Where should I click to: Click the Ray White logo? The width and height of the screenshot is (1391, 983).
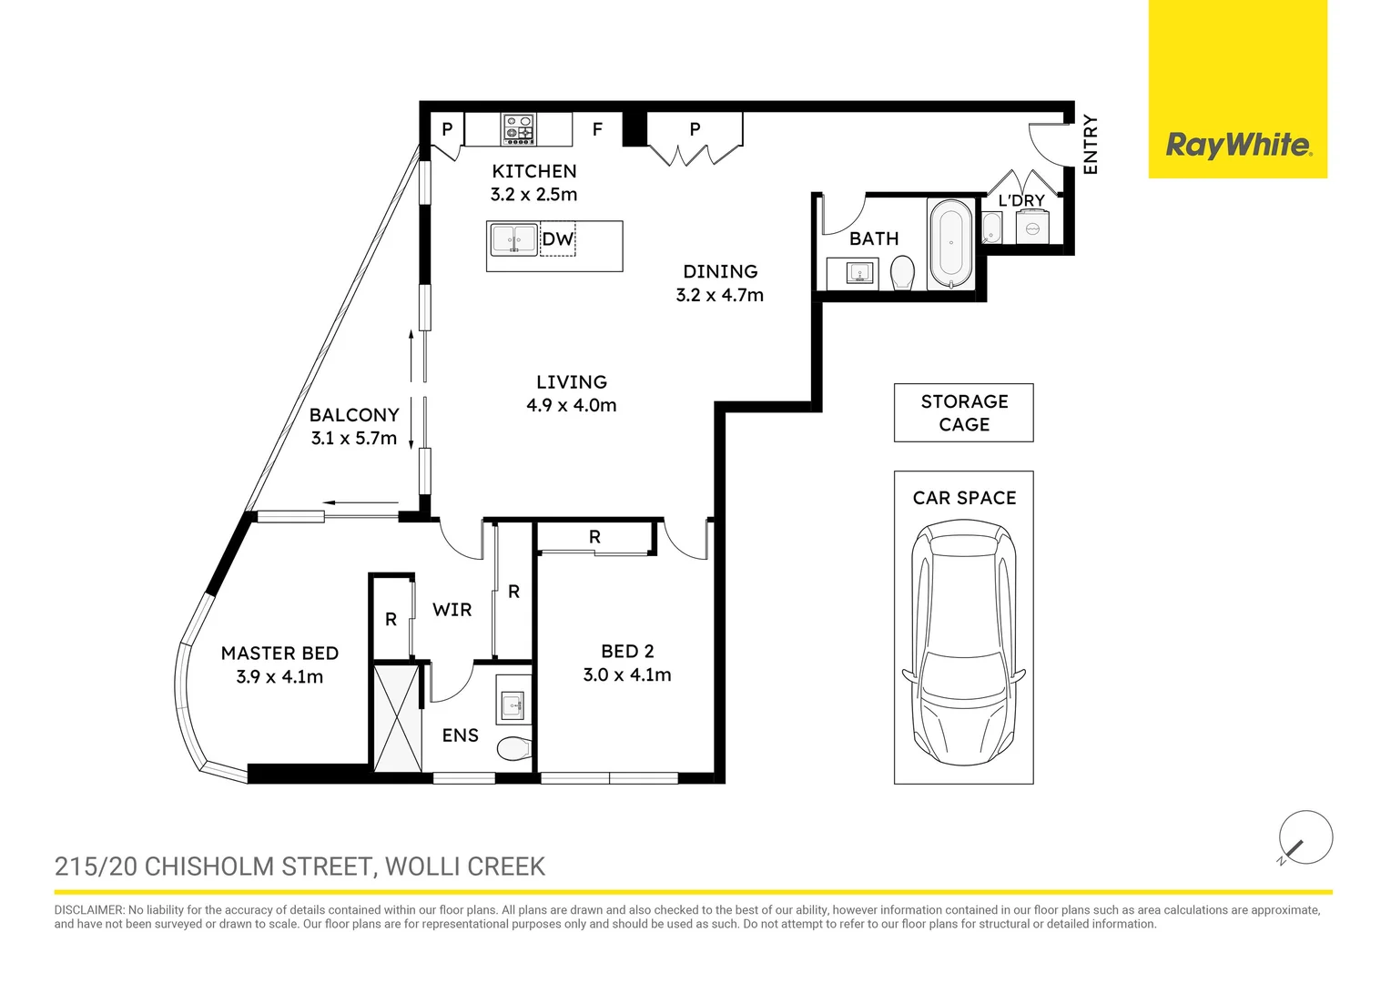coord(1238,145)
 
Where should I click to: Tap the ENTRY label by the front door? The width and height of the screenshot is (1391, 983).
coord(1091,145)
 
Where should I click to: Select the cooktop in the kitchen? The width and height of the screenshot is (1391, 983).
coord(519,128)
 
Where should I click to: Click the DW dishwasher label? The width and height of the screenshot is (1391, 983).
coord(557,239)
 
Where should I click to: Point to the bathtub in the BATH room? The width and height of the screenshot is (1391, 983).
coord(950,243)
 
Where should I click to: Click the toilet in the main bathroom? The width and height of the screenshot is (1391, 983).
coord(902,272)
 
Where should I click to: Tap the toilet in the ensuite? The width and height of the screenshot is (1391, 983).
coord(514,748)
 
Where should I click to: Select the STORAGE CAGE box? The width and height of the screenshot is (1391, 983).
coord(963,413)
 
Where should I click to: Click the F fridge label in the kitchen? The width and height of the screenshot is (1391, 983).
coord(597,129)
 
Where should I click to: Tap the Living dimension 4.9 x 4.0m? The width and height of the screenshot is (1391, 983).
coord(571,406)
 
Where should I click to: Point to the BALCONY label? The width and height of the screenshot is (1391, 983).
coord(354,415)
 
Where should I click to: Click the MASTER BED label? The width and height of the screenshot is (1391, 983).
coord(279,654)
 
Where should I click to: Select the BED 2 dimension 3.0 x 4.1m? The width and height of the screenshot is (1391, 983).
coord(627,675)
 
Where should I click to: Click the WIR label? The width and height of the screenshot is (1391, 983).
coord(452,610)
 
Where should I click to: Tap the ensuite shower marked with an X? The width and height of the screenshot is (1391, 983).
coord(398,719)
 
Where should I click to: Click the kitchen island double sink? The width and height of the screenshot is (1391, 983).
coord(513,240)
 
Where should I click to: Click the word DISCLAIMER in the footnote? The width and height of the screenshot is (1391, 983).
coord(88,910)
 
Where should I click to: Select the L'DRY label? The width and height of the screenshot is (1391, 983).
coord(1021,200)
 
